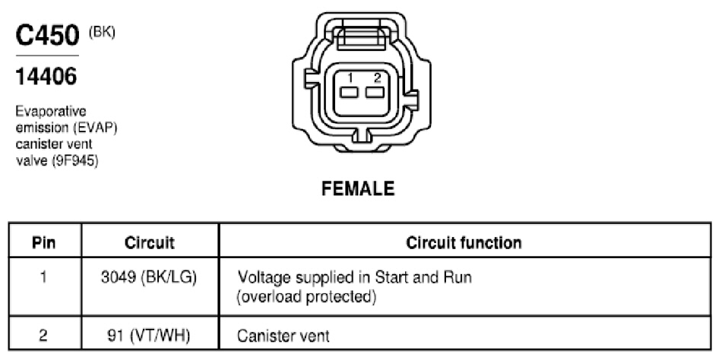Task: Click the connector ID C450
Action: [47, 35]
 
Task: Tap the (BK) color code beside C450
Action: [102, 33]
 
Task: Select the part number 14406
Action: [46, 76]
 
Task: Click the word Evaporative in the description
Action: [51, 112]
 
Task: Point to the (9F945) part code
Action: [75, 161]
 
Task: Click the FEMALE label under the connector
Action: [358, 188]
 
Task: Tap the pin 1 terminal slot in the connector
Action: [349, 92]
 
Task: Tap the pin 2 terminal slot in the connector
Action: [375, 92]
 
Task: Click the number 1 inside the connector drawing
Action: [351, 77]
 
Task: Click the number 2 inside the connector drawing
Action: [377, 77]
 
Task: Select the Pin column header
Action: [44, 242]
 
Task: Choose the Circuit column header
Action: [150, 242]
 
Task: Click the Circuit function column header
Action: [464, 242]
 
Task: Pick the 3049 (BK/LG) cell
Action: [149, 277]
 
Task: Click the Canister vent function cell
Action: [283, 336]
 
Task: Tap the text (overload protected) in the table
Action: [306, 297]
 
